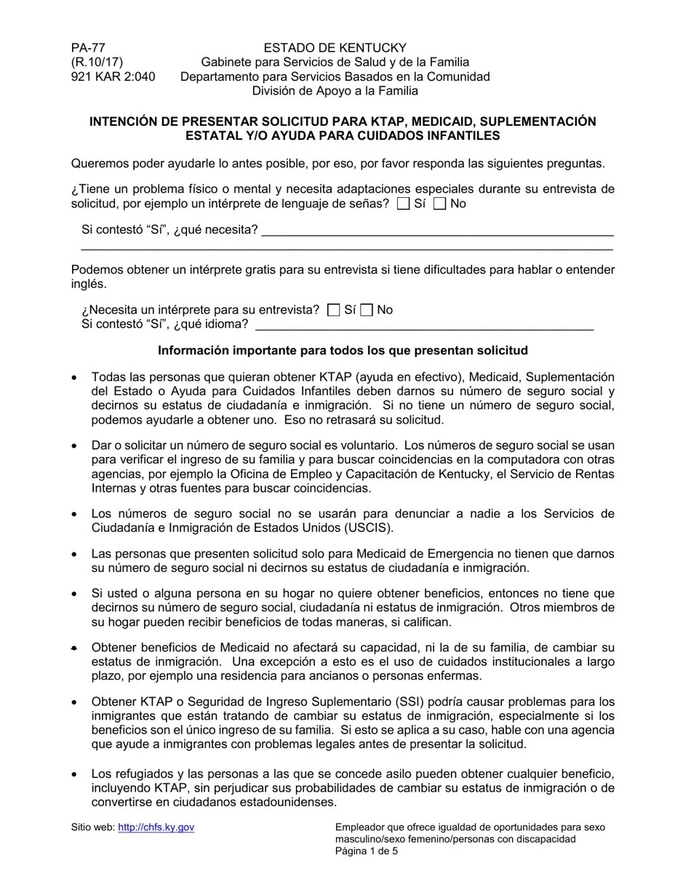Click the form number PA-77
pos(88,48)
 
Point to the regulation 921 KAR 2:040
pos(113,76)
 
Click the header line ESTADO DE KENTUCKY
pos(335,48)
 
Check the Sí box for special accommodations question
pos(404,204)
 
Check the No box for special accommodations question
pos(439,204)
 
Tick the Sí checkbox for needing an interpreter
pos(334,310)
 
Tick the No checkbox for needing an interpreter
pos(367,310)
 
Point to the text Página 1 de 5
pos(367,851)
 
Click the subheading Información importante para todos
pos(343,351)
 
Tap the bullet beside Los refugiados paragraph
pos(74,774)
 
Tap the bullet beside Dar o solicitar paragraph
pos(74,446)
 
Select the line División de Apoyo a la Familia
pos(335,91)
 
